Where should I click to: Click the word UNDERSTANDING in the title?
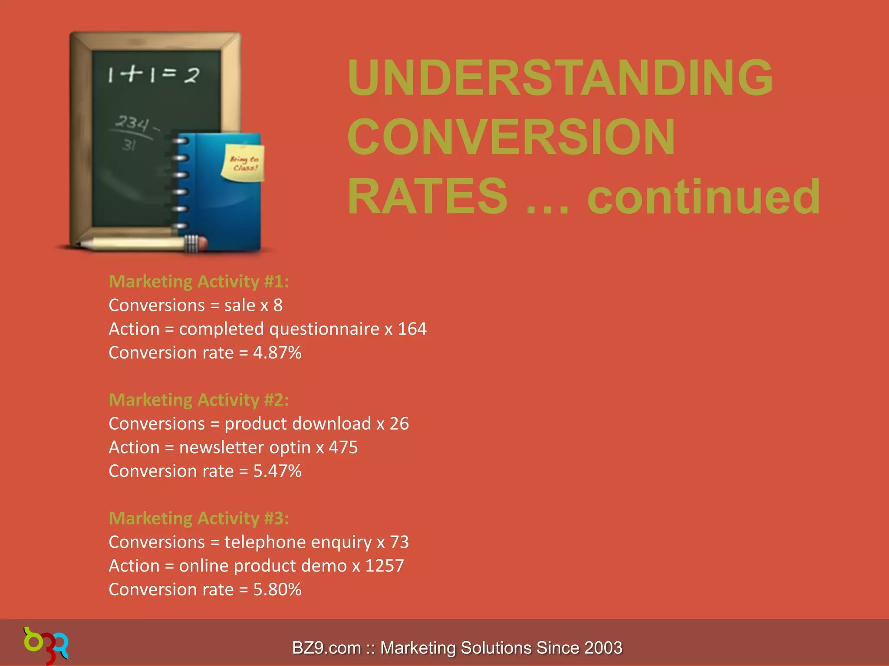pyautogui.click(x=560, y=78)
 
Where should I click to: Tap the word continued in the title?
pyautogui.click(x=703, y=197)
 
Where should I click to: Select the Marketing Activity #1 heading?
pyautogui.click(x=199, y=282)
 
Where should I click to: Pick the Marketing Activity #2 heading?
pyautogui.click(x=199, y=400)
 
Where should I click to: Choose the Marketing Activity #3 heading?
pyautogui.click(x=199, y=519)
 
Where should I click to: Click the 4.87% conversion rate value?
pyautogui.click(x=277, y=353)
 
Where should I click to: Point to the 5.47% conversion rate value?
pyautogui.click(x=277, y=471)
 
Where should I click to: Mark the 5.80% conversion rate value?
pyautogui.click(x=277, y=590)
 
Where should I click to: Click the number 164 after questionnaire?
pyautogui.click(x=412, y=329)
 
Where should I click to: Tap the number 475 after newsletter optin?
pyautogui.click(x=343, y=447)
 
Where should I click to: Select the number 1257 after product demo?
pyautogui.click(x=384, y=566)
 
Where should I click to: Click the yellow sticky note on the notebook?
pyautogui.click(x=243, y=163)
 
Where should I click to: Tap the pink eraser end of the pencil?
pyautogui.click(x=202, y=244)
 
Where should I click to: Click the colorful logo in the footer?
pyautogui.click(x=46, y=645)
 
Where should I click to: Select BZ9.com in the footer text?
pyautogui.click(x=326, y=648)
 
